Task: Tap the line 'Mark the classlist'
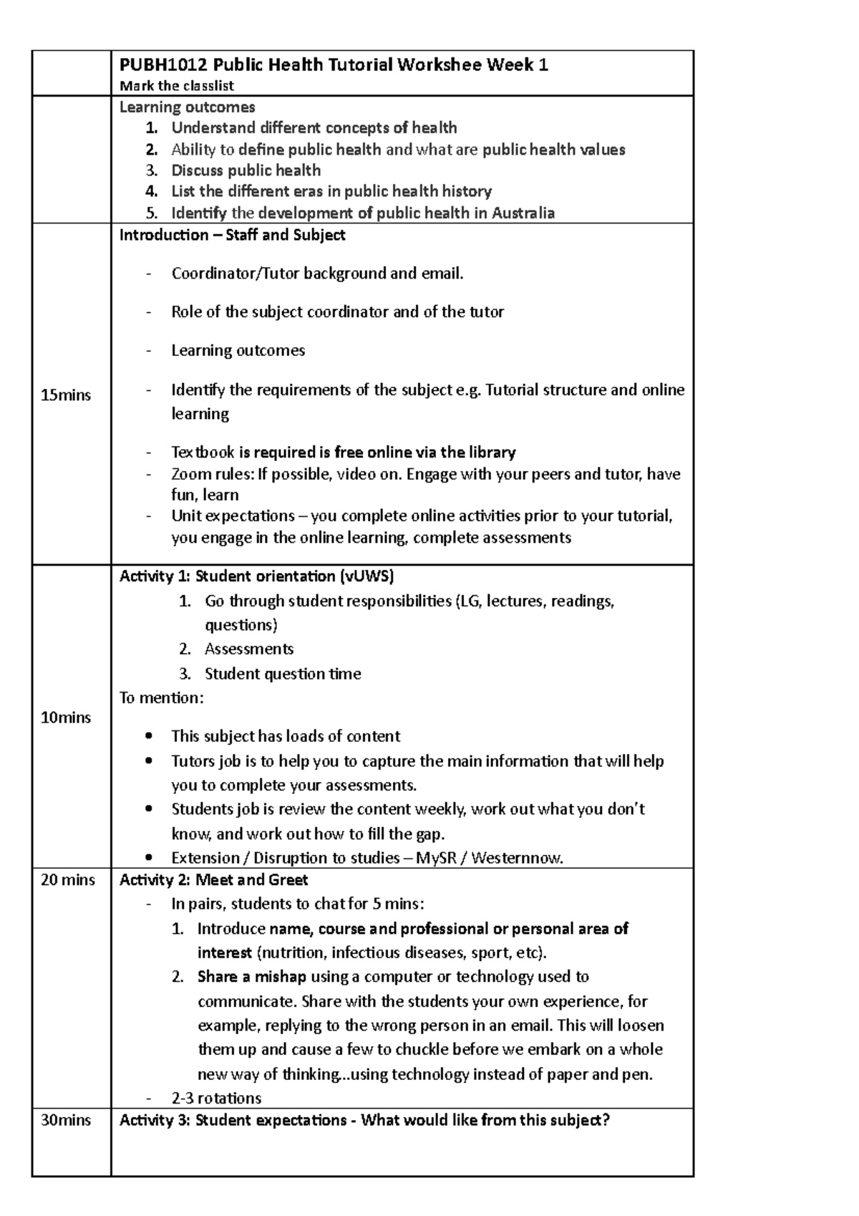pyautogui.click(x=177, y=86)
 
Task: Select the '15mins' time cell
pyautogui.click(x=66, y=395)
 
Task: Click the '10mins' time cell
pyautogui.click(x=66, y=717)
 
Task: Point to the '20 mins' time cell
pyautogui.click(x=68, y=879)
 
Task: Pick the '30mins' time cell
pyautogui.click(x=66, y=1120)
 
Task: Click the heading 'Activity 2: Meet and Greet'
pyautogui.click(x=213, y=879)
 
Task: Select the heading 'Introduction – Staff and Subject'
pyautogui.click(x=232, y=235)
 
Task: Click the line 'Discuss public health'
pyautogui.click(x=246, y=170)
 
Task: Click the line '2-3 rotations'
pyautogui.click(x=216, y=1098)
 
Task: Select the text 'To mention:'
pyautogui.click(x=161, y=698)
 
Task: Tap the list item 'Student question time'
pyautogui.click(x=283, y=673)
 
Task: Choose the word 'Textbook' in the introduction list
pyautogui.click(x=203, y=452)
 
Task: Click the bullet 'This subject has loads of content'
pyautogui.click(x=285, y=736)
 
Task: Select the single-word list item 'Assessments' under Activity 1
pyautogui.click(x=249, y=649)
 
